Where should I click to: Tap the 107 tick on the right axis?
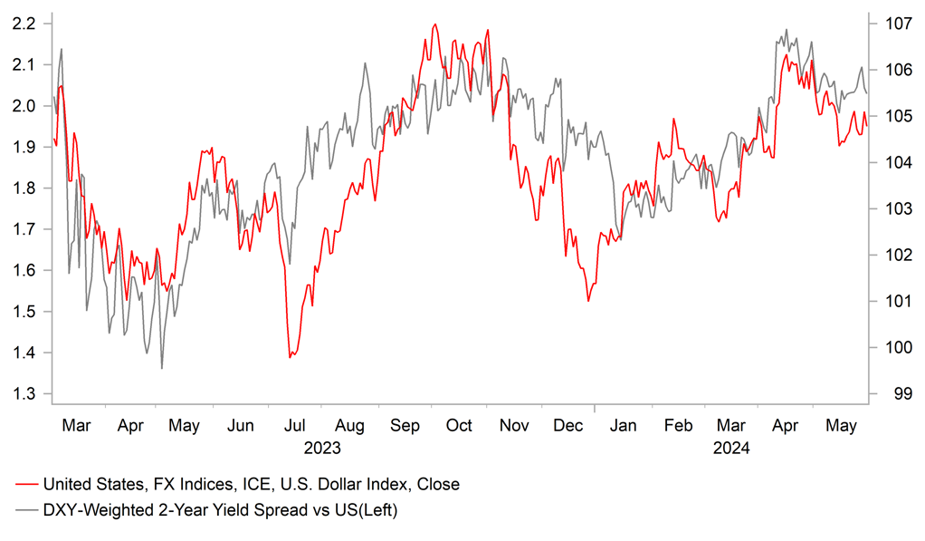click(896, 24)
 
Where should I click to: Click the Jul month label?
click(294, 426)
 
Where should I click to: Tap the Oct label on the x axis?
click(459, 426)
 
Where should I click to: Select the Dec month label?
click(569, 426)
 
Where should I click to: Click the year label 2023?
click(322, 447)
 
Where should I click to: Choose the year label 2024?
click(731, 447)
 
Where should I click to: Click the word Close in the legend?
click(438, 484)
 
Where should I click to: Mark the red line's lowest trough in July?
click(290, 357)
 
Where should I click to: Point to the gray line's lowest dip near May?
click(162, 368)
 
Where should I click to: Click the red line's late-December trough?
click(588, 301)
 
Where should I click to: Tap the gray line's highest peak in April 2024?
click(786, 29)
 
